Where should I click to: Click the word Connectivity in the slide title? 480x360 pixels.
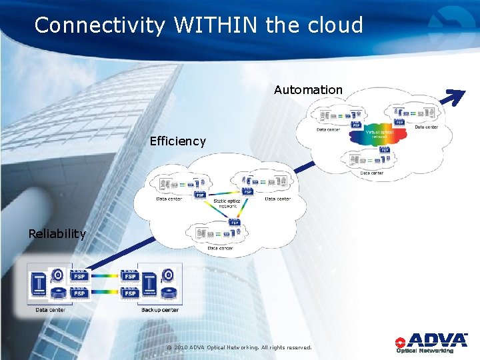[99, 25]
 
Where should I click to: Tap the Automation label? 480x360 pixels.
[308, 89]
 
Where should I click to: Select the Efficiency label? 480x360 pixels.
[178, 141]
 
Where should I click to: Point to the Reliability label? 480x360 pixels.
[57, 233]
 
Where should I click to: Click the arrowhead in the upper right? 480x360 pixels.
[457, 97]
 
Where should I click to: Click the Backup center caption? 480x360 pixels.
[160, 310]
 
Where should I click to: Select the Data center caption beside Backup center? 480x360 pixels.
[51, 310]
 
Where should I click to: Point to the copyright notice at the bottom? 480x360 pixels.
[239, 347]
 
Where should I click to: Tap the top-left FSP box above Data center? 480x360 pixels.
[79, 276]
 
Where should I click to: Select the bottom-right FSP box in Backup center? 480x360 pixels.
[130, 293]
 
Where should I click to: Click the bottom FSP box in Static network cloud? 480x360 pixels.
[234, 223]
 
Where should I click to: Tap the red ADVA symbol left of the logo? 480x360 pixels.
[400, 341]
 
